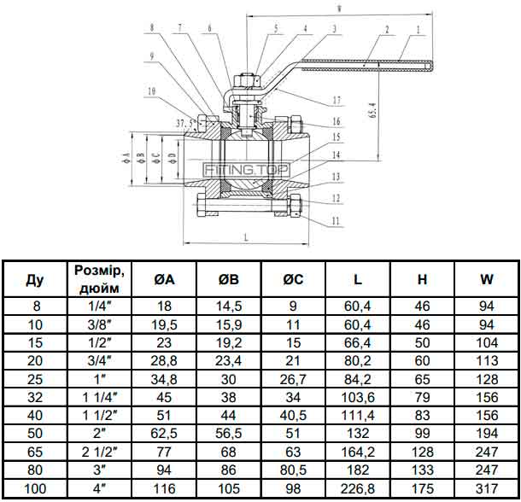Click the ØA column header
(x=164, y=279)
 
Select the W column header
(x=487, y=279)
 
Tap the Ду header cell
(x=35, y=279)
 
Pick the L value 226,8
(x=358, y=488)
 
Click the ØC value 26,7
(x=293, y=379)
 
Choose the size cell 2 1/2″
(x=100, y=452)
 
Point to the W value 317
(x=487, y=488)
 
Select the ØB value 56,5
(x=229, y=434)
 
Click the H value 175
(x=422, y=488)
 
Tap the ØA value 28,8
(x=164, y=361)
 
